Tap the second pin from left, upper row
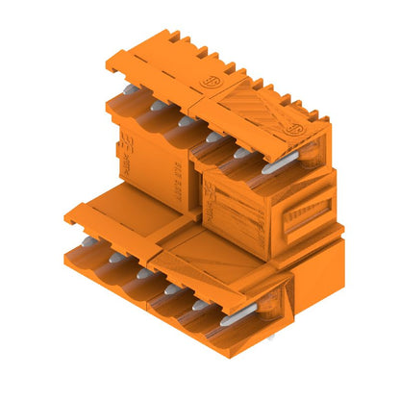[x=155, y=104]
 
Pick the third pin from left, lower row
[x=144, y=273]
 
